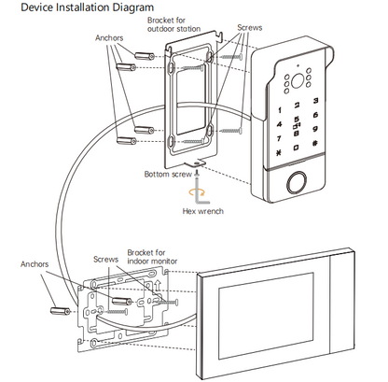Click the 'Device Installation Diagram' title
click(87, 7)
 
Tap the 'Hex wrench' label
click(202, 211)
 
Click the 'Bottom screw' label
click(168, 174)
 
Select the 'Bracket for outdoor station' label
click(173, 24)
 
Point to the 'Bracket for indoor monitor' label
click(152, 257)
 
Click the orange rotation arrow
click(197, 192)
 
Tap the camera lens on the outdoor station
click(297, 80)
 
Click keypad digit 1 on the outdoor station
click(280, 110)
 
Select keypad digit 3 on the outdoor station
click(315, 100)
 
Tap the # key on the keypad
click(315, 144)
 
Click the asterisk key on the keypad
click(278, 153)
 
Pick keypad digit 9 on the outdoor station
click(315, 129)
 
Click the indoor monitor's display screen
click(266, 316)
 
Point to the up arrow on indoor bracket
click(158, 285)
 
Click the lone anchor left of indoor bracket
click(61, 310)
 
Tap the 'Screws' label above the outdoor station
click(250, 28)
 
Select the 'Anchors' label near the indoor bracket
click(35, 264)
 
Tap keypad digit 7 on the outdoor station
click(279, 138)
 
